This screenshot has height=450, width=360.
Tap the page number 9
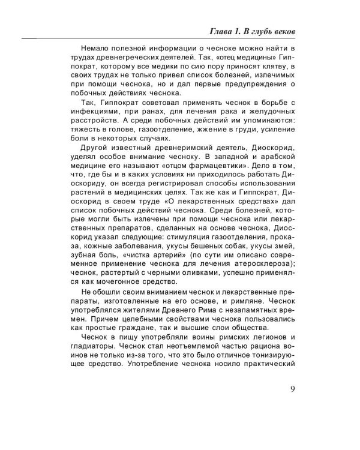[x=292, y=404]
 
